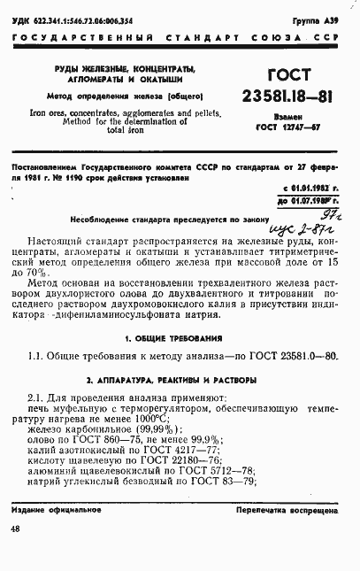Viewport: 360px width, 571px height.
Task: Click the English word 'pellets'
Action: tap(196, 114)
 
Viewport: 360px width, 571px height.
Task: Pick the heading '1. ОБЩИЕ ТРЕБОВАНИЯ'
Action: tap(180, 338)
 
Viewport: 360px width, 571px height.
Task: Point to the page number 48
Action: tap(17, 529)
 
